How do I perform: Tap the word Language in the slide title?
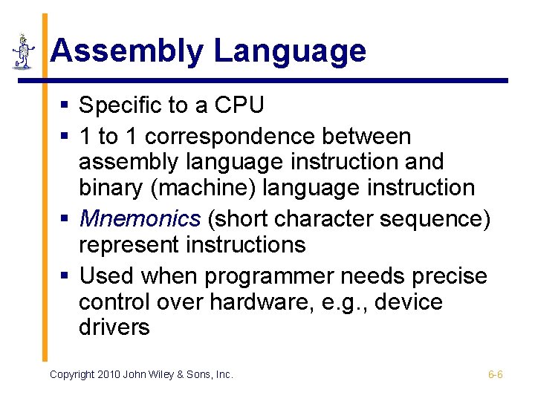291,52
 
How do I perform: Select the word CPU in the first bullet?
239,105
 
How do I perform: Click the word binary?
111,188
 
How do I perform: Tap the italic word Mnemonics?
140,218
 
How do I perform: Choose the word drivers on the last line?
114,327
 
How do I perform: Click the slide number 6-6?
495,374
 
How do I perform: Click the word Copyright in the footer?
72,374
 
